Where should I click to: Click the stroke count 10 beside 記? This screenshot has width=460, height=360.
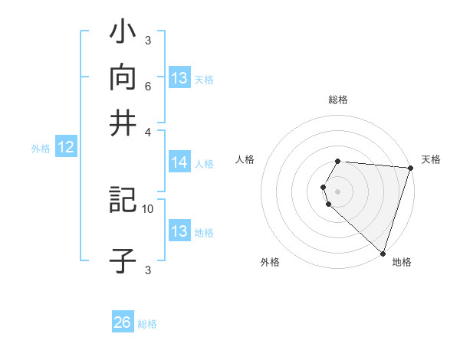pos(148,208)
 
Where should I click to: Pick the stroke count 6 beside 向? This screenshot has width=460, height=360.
pos(148,87)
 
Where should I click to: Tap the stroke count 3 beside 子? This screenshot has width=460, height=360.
pos(148,269)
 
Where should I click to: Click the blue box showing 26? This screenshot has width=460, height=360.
pos(123,322)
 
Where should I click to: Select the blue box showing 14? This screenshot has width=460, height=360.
pos(179,162)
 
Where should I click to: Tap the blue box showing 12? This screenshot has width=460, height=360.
pos(66,148)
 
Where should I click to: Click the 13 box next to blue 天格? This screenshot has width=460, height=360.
pos(179,78)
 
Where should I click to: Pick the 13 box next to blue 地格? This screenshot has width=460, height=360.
pos(179,231)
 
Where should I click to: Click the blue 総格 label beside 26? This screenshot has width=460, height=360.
pos(148,324)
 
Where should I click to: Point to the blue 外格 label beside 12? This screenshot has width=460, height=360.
pos(41,149)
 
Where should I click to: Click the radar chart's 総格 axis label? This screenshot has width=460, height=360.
pos(338,100)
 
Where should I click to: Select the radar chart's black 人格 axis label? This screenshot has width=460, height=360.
pos(245,159)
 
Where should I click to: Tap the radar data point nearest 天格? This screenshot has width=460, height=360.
pos(410,168)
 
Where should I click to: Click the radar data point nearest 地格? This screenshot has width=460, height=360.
pos(383,254)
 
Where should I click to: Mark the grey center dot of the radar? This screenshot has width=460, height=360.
pos(338,191)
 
